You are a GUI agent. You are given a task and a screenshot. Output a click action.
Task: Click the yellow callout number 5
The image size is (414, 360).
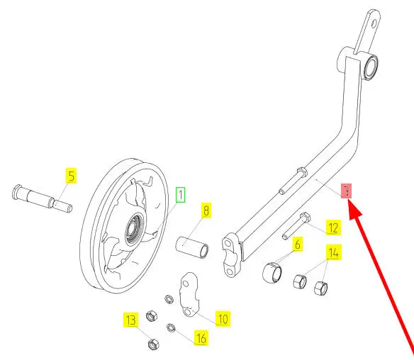tap(72, 176)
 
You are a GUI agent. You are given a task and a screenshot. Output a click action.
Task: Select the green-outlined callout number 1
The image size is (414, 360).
tap(181, 195)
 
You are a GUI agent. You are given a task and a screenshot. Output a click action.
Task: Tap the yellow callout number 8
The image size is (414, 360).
tap(206, 210)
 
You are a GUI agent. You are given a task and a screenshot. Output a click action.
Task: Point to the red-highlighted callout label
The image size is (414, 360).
tap(347, 191)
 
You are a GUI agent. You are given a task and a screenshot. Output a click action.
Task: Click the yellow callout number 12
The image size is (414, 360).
tap(333, 227)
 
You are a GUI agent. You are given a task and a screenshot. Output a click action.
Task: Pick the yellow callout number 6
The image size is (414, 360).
tap(298, 244)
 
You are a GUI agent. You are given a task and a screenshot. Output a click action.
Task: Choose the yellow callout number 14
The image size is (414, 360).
tap(333, 252)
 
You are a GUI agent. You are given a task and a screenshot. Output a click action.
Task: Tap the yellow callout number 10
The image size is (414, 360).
tap(223, 319)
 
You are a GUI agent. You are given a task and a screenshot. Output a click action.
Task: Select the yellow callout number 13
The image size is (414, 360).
tap(131, 320)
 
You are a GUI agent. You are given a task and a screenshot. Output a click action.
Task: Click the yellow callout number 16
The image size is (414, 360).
tap(201, 338)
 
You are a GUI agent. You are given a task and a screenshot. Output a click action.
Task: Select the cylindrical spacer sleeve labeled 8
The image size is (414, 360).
tap(192, 247)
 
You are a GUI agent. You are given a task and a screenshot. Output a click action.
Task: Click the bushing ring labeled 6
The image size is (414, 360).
tap(272, 273)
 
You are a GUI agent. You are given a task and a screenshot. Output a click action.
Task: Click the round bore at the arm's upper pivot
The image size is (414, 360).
tap(371, 67)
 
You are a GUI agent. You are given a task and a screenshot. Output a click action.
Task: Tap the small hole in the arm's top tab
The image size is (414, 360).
tap(374, 25)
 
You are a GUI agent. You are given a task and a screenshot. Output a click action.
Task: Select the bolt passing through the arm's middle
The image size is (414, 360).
tap(293, 181)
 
